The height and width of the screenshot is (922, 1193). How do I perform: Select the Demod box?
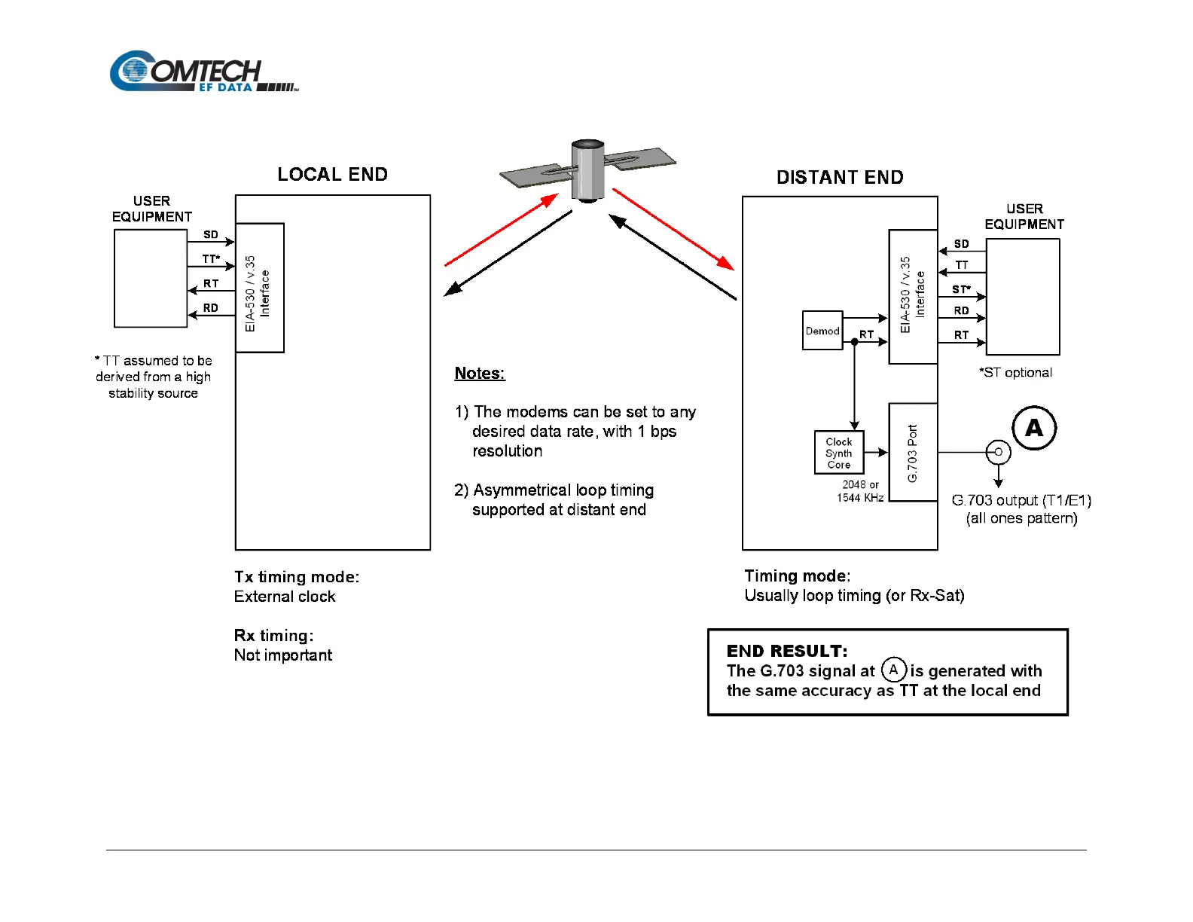(x=822, y=331)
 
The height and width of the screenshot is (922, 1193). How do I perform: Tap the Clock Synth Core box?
(x=838, y=453)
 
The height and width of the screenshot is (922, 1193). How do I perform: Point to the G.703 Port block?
(x=913, y=453)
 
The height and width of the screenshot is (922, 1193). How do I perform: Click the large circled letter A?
(x=1034, y=428)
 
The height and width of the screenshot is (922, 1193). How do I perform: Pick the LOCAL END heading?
(x=332, y=175)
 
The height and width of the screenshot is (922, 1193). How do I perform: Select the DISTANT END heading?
(x=840, y=178)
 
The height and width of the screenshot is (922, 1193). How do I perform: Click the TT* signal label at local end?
(x=211, y=259)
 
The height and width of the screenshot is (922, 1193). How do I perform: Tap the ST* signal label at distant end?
(x=961, y=289)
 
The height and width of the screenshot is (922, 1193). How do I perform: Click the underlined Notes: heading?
(x=480, y=374)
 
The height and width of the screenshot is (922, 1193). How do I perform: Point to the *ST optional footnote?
(x=1015, y=373)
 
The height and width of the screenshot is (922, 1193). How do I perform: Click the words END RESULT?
(x=787, y=651)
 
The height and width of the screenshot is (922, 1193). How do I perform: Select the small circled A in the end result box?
(x=893, y=670)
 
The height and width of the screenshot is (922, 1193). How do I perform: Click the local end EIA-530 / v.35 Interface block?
(x=259, y=288)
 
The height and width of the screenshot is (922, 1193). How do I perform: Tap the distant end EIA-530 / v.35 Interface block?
(x=913, y=297)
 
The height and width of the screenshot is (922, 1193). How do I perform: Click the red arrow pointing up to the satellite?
(x=501, y=230)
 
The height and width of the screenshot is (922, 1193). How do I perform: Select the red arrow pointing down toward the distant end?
(x=673, y=229)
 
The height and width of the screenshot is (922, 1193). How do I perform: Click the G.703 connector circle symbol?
(x=998, y=452)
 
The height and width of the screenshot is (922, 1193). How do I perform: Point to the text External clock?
(x=285, y=597)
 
